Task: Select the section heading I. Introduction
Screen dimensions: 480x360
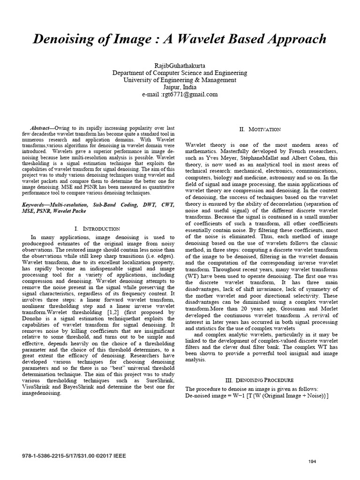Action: [97, 229]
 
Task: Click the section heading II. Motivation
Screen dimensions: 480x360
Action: [260, 129]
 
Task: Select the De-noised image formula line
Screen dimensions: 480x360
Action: [257, 396]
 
